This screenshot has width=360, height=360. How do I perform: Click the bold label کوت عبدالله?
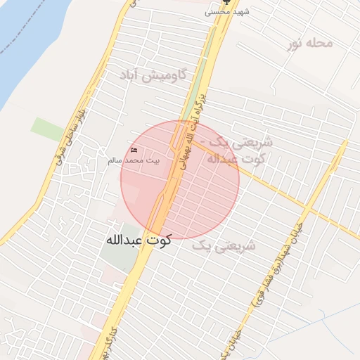[x=139, y=240]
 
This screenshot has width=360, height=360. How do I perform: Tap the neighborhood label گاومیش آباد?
[x=153, y=75]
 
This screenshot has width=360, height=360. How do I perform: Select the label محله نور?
[x=309, y=43]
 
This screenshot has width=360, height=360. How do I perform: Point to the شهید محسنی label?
[x=227, y=12]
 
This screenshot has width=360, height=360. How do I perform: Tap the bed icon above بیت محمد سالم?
[x=134, y=150]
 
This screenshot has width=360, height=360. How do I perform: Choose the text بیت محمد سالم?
[x=134, y=160]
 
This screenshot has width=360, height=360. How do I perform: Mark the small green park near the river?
[x=47, y=129]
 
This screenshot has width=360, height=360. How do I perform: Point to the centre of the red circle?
[x=180, y=180]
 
